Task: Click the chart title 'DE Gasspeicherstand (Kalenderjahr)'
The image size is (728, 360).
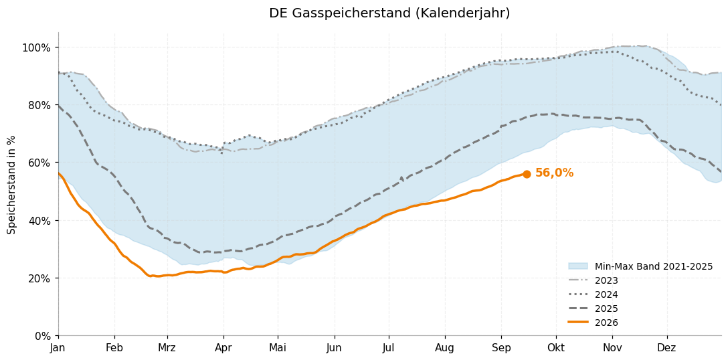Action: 389,13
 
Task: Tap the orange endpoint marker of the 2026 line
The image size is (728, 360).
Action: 527,174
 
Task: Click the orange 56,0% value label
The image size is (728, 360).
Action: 554,173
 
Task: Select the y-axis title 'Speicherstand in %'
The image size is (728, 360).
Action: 11,185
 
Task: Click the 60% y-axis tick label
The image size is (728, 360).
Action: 39,163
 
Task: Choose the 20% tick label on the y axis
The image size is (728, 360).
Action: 39,278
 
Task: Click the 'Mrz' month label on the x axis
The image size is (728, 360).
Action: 167,347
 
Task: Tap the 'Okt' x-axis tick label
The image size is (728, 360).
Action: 556,347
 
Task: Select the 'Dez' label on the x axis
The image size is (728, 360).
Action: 667,347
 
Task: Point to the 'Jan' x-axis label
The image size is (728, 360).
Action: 58,347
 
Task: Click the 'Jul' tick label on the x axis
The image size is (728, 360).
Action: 389,347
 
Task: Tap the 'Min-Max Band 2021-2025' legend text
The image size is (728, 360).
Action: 654,266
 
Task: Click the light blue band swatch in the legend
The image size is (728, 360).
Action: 578,266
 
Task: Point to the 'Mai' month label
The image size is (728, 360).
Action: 278,347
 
